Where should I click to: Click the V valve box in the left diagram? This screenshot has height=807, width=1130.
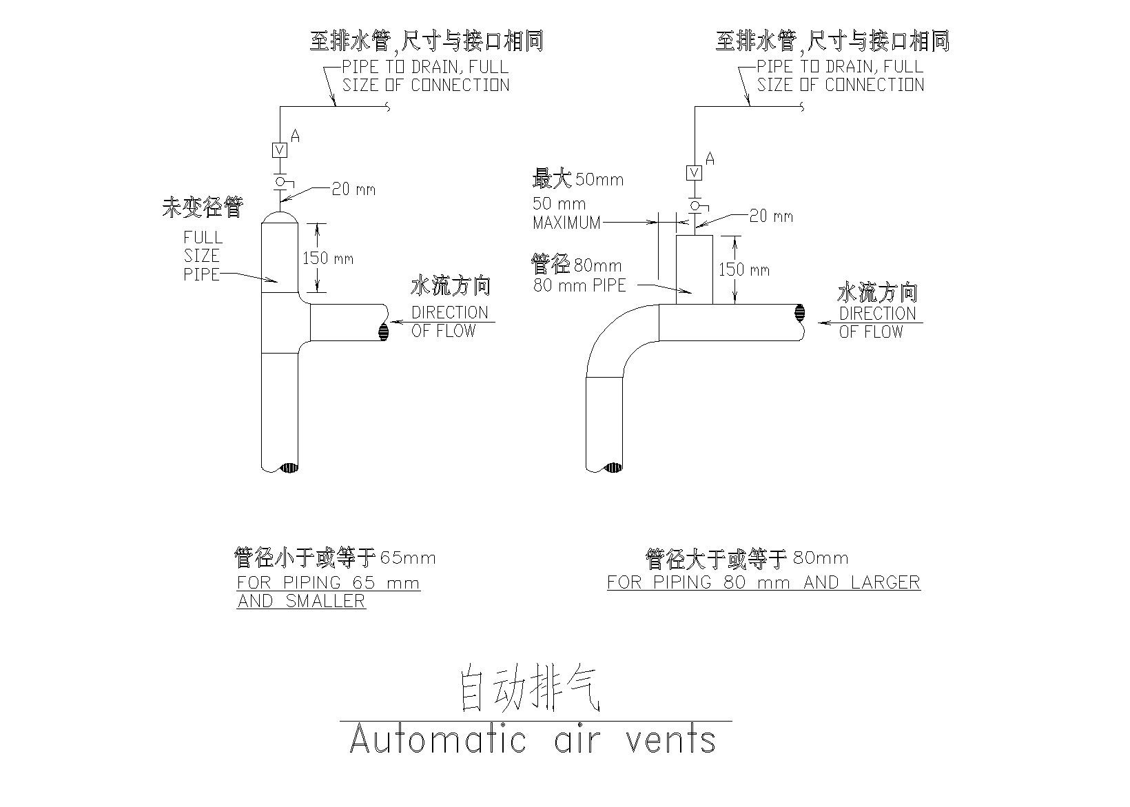click(x=280, y=150)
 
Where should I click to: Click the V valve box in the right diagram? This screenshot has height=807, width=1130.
click(x=695, y=172)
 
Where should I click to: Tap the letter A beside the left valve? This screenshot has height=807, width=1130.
click(x=295, y=136)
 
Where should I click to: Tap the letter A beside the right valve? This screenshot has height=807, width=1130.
click(x=710, y=159)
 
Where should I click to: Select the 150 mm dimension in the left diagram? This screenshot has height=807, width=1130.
click(x=328, y=258)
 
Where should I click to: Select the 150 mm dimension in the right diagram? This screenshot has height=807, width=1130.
click(x=744, y=269)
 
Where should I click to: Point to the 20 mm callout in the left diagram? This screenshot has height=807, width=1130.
click(x=353, y=189)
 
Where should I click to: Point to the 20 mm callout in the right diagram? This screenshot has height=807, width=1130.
click(x=771, y=216)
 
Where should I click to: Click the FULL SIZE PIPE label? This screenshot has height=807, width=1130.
click(x=202, y=256)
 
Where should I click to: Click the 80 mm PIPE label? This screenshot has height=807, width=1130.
click(x=579, y=285)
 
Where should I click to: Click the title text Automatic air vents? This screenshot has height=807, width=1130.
click(x=533, y=740)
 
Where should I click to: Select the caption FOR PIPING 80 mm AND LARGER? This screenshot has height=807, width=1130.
click(x=763, y=582)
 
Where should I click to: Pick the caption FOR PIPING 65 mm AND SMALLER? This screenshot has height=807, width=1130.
click(x=328, y=591)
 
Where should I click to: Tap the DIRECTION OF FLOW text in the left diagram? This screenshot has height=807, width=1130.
click(x=449, y=321)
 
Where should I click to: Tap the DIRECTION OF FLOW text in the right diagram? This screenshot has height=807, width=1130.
click(x=877, y=322)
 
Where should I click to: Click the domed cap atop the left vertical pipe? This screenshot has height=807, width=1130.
click(x=280, y=216)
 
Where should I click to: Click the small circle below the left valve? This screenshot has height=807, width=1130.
click(x=280, y=181)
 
